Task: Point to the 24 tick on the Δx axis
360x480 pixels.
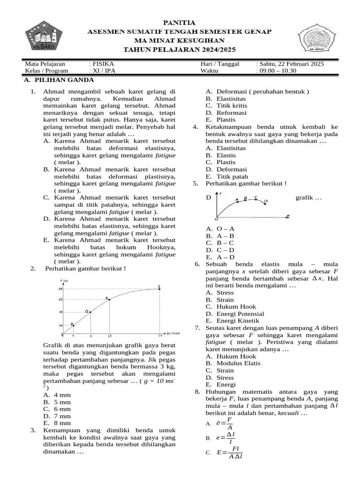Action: [x=160, y=336]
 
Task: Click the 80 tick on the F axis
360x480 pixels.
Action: [x=60, y=289]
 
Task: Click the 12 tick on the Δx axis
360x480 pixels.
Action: [x=110, y=336]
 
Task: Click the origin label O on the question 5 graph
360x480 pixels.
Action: [x=217, y=218]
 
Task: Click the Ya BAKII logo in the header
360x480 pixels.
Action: [x=43, y=37]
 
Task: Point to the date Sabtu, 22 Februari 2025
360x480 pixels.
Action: [x=290, y=64]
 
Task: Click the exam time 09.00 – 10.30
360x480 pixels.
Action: [x=277, y=71]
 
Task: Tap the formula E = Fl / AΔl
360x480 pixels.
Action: [x=230, y=452]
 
